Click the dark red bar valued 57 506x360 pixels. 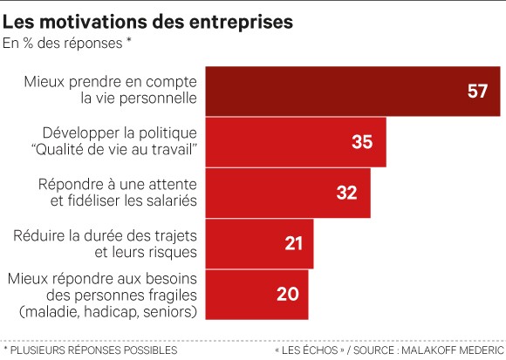(x=352, y=91)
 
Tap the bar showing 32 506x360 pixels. (x=287, y=193)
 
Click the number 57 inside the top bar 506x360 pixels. (x=477, y=92)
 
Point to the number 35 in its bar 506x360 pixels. (x=362, y=142)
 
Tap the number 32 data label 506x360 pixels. (x=346, y=193)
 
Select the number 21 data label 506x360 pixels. (x=291, y=243)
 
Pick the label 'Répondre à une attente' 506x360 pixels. (x=118, y=184)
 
